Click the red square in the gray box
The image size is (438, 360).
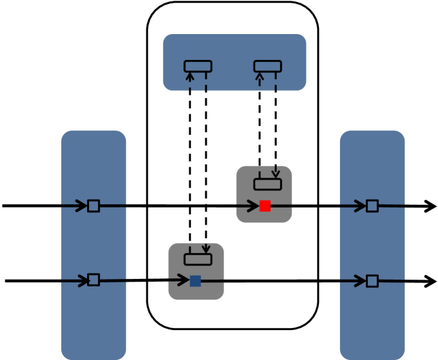265,206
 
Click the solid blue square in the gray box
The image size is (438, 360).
195,280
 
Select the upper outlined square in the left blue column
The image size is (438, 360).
94,206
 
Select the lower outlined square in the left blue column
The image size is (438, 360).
94,280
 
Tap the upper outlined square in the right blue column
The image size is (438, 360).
372,206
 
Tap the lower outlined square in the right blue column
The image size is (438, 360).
372,280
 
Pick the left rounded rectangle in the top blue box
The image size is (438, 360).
198,66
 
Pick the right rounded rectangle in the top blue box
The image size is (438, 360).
267,66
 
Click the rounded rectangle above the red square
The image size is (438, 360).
267,184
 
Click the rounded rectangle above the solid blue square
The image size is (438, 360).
198,259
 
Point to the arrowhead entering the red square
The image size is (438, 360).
253,206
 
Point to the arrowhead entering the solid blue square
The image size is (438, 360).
184,280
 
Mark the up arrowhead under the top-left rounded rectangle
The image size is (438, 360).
190,76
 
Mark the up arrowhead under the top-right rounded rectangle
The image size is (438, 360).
259,76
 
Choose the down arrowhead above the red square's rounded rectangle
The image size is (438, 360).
275,174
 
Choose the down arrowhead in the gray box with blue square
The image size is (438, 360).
205,250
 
